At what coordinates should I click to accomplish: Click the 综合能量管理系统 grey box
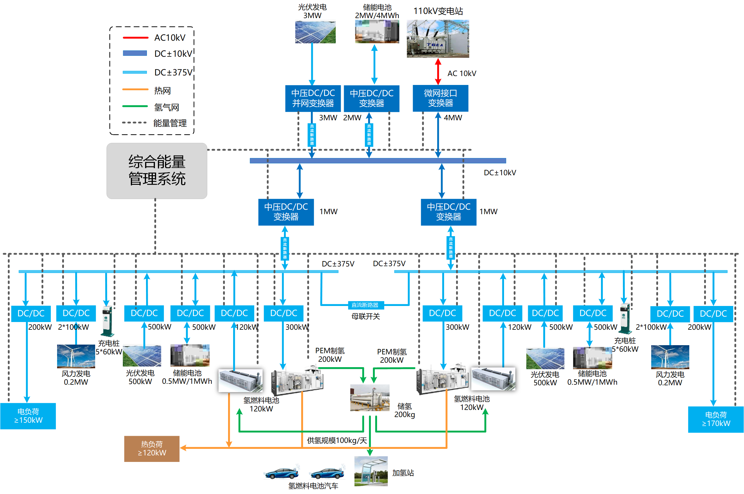click(x=157, y=171)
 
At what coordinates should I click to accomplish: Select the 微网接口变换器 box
click(x=440, y=98)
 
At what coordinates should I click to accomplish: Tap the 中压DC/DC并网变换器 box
click(x=313, y=98)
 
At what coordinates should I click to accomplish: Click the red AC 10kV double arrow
click(x=438, y=72)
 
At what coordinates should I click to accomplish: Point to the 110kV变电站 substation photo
click(x=438, y=39)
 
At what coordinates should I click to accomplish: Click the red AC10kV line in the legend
click(x=135, y=38)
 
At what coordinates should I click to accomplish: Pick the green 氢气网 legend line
click(x=135, y=106)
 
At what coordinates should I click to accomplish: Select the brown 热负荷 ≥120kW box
click(x=152, y=449)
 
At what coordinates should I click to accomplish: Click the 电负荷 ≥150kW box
click(x=28, y=416)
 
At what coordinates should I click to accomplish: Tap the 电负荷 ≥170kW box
click(x=716, y=419)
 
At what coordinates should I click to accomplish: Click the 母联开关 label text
click(x=365, y=316)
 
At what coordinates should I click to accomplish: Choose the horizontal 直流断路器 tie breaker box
click(x=365, y=305)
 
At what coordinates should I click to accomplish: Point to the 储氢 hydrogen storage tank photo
click(x=370, y=397)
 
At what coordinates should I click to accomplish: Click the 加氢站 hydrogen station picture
click(x=371, y=471)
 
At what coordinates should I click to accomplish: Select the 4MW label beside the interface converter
click(x=453, y=118)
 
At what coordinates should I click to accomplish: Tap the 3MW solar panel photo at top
click(x=315, y=32)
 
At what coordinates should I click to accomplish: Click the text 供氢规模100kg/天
click(x=337, y=441)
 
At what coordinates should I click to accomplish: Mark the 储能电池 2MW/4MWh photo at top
click(x=377, y=31)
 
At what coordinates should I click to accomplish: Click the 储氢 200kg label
click(x=404, y=410)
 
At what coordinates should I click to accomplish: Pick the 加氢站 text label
click(x=403, y=473)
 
